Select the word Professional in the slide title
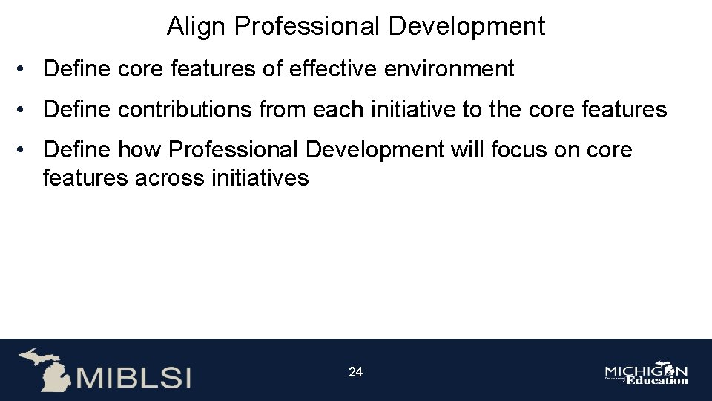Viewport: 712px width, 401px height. [307, 26]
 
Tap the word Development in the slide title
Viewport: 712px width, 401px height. [467, 26]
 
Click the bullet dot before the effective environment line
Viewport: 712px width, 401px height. [25, 69]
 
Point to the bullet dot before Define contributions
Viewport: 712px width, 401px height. [25, 110]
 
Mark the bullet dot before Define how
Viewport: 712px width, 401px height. [25, 149]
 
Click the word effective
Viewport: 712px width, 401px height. [327, 69]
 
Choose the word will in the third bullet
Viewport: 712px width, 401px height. [469, 149]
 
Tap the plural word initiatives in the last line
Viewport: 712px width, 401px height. [260, 178]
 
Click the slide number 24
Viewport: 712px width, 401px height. [356, 372]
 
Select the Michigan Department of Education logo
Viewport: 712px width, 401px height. [646, 374]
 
